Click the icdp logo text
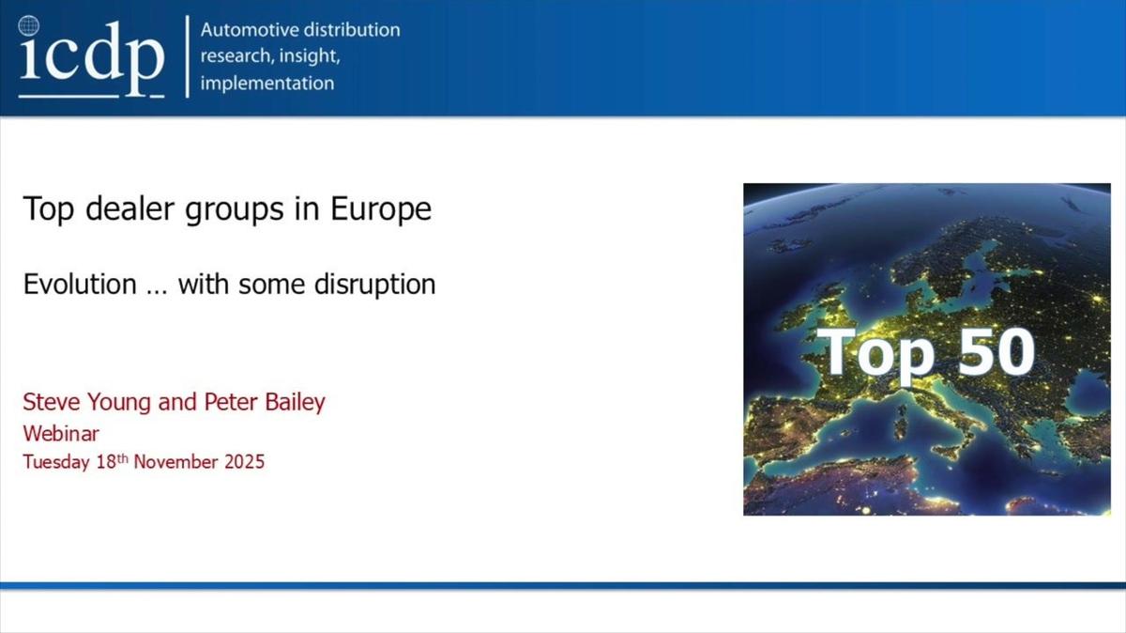pos(90,58)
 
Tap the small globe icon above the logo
pos(29,25)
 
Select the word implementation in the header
pos(266,83)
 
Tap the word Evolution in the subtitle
pos(80,284)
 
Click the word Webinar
pos(61,433)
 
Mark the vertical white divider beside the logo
pos(188,56)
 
